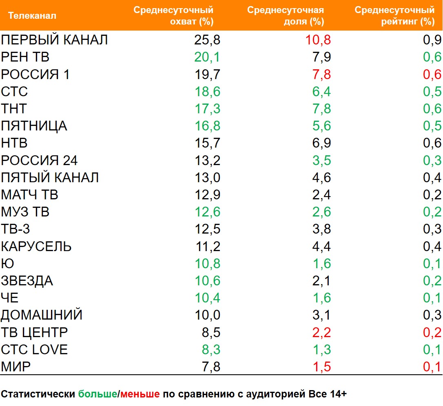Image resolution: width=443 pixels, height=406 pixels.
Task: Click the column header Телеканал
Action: coord(32,16)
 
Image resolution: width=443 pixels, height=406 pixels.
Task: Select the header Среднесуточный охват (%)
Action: coord(173,16)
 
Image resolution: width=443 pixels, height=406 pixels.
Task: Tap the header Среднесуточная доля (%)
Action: coord(286,16)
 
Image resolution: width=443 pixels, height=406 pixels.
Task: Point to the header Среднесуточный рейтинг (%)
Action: coord(394,16)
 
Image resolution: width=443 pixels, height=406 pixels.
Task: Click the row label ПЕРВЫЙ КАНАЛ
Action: coord(54,40)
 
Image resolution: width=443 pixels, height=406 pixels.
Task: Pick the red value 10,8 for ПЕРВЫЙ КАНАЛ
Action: coord(318,40)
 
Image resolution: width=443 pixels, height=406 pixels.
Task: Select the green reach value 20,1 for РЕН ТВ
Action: coord(207,57)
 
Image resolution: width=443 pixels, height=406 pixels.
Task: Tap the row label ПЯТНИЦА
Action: coord(34,126)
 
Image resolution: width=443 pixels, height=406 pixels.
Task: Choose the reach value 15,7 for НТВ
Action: coord(207,143)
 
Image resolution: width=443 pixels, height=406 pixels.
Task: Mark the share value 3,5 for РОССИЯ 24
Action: coord(321,160)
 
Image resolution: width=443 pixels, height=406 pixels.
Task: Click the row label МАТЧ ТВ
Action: coord(29,195)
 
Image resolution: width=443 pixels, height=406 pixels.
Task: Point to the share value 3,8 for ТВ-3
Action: coord(321,229)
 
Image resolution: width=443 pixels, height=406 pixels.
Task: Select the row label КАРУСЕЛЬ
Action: coord(36,247)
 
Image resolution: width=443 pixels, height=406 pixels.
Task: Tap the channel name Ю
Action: coord(8,264)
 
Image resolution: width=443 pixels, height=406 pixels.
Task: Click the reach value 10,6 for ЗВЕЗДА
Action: coord(207,281)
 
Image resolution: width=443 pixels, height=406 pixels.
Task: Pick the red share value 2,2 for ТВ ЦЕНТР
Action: coord(321,333)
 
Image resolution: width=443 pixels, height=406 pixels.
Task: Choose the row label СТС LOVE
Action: coord(34,350)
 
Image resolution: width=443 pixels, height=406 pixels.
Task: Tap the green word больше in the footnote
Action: coord(97,394)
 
